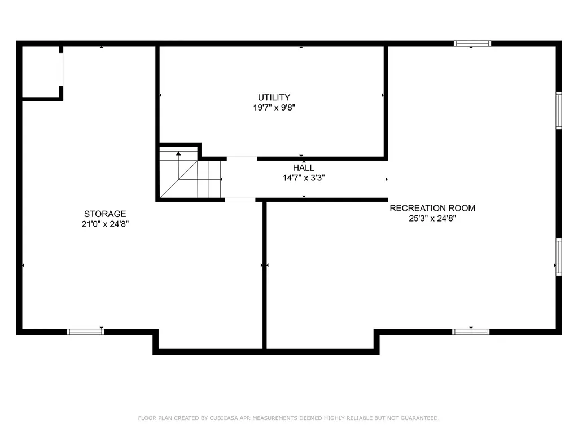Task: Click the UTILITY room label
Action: point(274,98)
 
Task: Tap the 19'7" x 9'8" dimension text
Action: point(274,108)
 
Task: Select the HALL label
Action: point(304,168)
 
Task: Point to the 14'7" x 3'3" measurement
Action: point(304,178)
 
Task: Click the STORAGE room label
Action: point(105,214)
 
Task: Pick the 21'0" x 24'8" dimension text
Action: point(105,224)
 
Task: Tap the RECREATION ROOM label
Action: point(432,208)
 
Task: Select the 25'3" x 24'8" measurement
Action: point(432,218)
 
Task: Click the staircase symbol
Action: point(190,173)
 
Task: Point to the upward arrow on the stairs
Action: point(178,153)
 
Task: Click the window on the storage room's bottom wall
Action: point(86,332)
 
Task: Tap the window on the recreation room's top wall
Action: point(472,43)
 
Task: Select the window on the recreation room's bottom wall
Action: point(471,332)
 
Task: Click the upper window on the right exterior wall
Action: point(559,111)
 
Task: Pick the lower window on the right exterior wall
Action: point(559,257)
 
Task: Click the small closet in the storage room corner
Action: point(41,72)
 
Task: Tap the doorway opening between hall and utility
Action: point(242,158)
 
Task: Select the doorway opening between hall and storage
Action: point(240,200)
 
